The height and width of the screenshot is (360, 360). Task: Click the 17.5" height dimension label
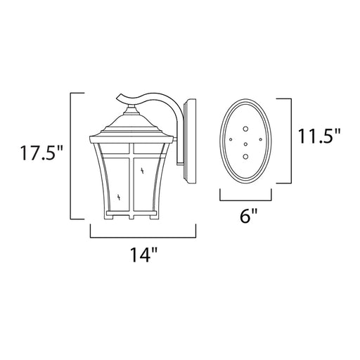(42, 153)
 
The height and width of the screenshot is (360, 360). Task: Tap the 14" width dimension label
(143, 255)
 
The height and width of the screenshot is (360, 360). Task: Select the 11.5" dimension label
(319, 136)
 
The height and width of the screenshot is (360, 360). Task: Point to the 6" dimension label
(248, 216)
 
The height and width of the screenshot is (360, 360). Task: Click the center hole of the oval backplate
(245, 144)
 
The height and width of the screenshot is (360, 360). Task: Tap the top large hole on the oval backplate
(245, 129)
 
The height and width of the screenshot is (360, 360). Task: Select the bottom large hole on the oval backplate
(245, 156)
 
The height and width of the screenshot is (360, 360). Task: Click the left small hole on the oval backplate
(231, 139)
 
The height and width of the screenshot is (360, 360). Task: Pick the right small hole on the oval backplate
(260, 139)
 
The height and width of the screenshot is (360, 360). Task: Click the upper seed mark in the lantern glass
(142, 171)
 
